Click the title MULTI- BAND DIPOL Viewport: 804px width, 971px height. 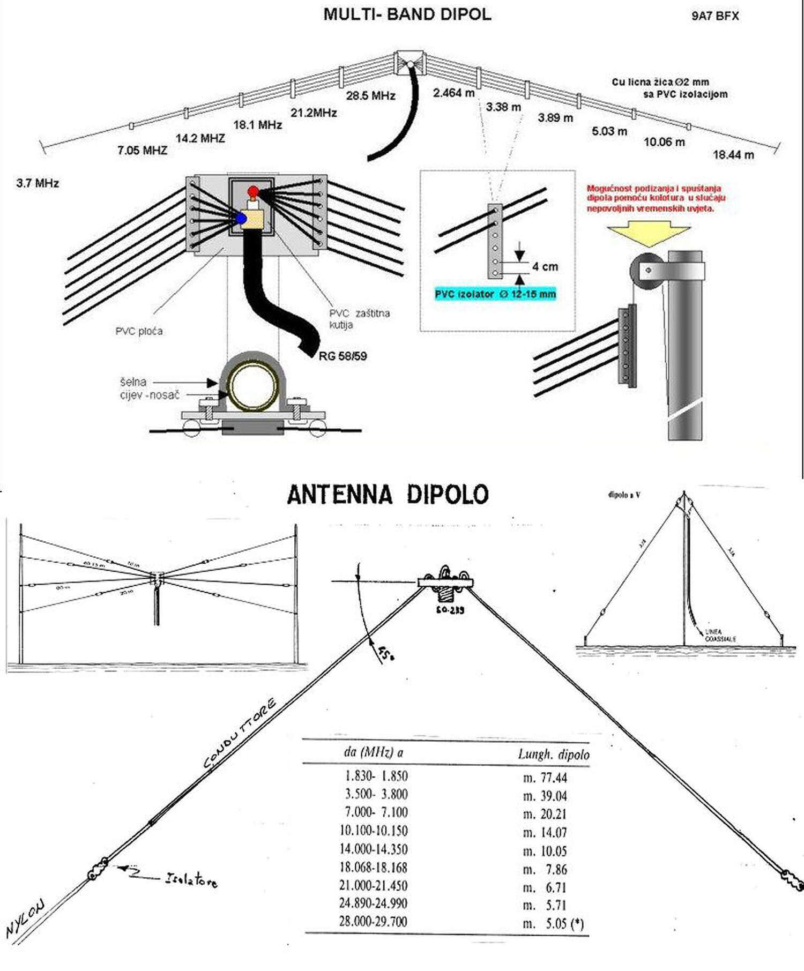[x=407, y=14]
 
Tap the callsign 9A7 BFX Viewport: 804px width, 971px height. [x=714, y=16]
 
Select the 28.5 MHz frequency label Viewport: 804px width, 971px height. [x=370, y=96]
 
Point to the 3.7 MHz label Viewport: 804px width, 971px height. [x=38, y=183]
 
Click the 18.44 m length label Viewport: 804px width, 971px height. [x=733, y=155]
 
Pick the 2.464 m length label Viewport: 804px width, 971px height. [x=453, y=93]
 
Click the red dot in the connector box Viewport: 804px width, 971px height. [x=253, y=191]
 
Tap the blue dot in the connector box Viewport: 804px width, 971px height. [x=241, y=219]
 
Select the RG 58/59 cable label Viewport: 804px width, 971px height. [x=343, y=356]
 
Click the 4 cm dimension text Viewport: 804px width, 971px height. [x=545, y=267]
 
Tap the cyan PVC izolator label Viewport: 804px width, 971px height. [x=495, y=294]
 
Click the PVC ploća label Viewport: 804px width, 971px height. [x=139, y=331]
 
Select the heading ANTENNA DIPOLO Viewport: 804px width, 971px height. [x=388, y=495]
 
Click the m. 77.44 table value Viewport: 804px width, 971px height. [x=545, y=778]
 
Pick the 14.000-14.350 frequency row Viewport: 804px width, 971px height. [x=373, y=849]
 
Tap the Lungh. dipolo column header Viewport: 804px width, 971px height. [x=553, y=755]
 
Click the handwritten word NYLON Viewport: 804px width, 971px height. [x=26, y=918]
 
